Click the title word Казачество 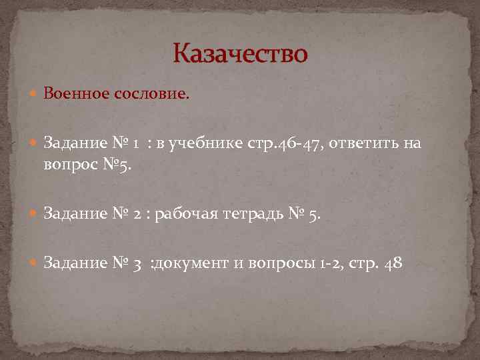point(240,53)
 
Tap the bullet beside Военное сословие point(34,94)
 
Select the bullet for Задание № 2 point(34,215)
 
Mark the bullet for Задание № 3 point(34,263)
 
